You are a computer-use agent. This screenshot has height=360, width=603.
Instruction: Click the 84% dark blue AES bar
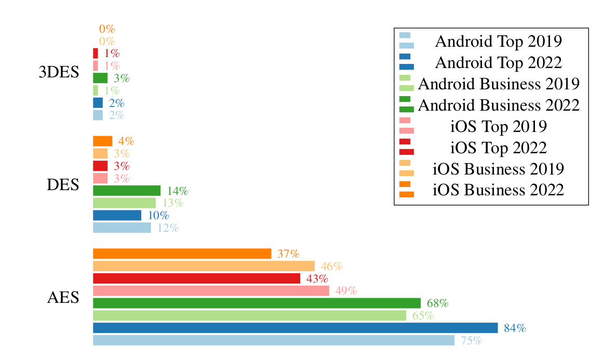(295, 328)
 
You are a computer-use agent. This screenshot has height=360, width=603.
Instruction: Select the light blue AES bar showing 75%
(273, 340)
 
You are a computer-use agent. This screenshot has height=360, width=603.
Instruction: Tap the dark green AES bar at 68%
(257, 303)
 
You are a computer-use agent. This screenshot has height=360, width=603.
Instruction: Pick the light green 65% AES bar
(249, 315)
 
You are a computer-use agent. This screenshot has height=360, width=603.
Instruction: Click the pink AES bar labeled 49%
(211, 290)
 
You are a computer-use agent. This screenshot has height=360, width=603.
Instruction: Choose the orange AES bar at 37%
(182, 254)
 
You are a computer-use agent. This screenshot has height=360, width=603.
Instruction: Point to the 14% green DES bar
(127, 191)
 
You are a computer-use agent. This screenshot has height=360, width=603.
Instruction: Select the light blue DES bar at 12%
(122, 228)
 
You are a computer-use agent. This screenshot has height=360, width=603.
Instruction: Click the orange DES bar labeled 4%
(102, 141)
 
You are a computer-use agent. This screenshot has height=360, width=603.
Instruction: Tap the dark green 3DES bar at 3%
(100, 78)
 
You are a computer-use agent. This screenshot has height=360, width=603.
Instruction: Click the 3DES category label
(59, 72)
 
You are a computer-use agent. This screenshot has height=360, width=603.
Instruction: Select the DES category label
(63, 184)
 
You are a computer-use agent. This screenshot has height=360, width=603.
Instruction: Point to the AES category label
(63, 298)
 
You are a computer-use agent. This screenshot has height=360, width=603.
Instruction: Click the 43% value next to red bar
(317, 278)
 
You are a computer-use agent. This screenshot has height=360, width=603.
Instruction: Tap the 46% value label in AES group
(331, 266)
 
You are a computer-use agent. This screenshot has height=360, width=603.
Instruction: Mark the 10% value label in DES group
(158, 215)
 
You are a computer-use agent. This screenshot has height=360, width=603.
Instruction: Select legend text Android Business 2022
(498, 105)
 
